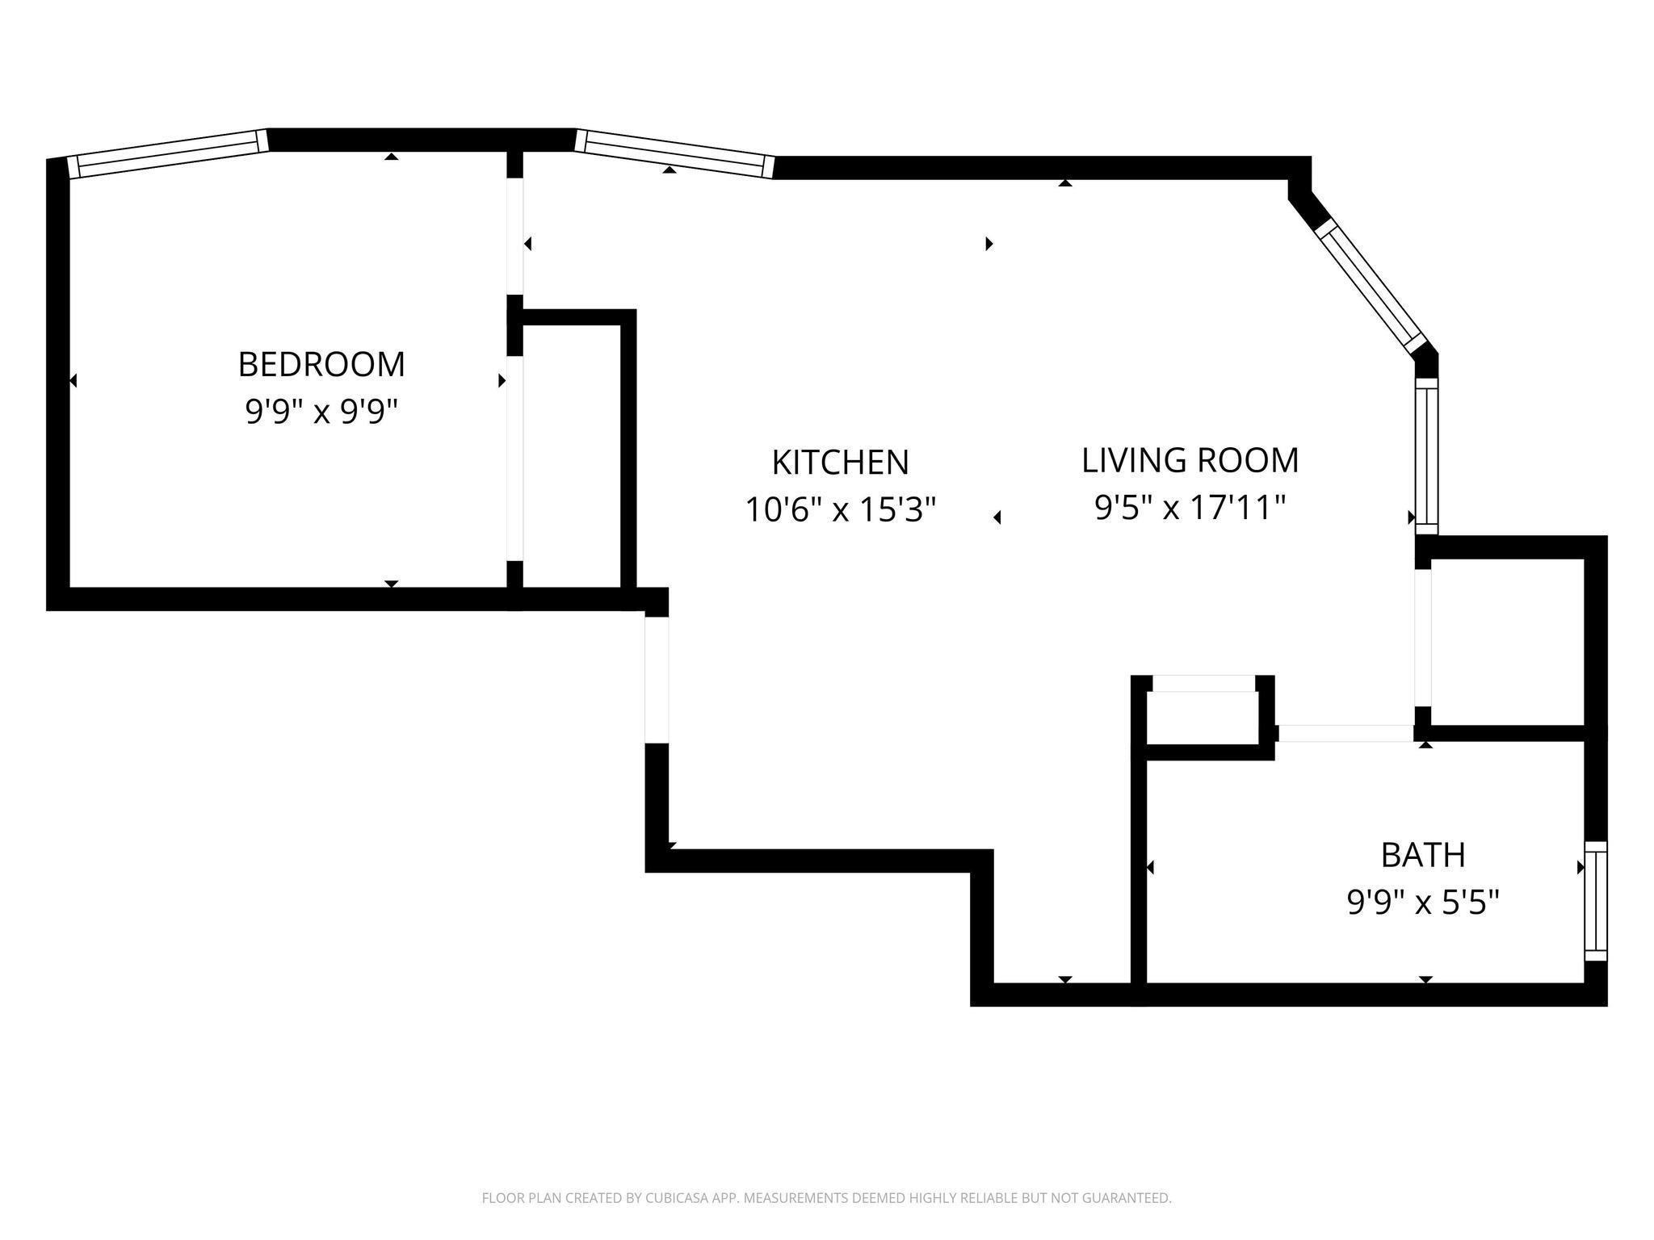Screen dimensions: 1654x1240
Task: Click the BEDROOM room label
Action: (321, 365)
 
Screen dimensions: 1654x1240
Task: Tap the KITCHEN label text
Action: (841, 463)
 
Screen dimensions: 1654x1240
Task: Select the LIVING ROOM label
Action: (1190, 460)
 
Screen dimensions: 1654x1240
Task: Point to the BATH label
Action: (1423, 855)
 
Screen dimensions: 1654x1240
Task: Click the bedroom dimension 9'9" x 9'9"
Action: (322, 413)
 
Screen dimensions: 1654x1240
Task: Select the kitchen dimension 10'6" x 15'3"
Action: (840, 509)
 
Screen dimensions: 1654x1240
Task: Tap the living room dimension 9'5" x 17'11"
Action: (1190, 508)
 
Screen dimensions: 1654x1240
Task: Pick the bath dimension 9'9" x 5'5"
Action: (1423, 902)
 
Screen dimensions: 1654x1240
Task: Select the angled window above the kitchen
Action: (675, 153)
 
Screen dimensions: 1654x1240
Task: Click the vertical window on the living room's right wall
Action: (1427, 457)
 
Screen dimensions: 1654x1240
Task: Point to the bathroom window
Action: (1596, 901)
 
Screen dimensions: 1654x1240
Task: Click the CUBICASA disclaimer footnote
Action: (826, 1198)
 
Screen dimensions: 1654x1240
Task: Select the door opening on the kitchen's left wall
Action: (657, 680)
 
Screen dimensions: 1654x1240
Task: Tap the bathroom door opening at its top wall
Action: (1345, 733)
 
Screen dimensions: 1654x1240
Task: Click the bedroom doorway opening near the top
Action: (515, 236)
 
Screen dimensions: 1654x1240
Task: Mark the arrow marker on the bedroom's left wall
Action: (73, 380)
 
